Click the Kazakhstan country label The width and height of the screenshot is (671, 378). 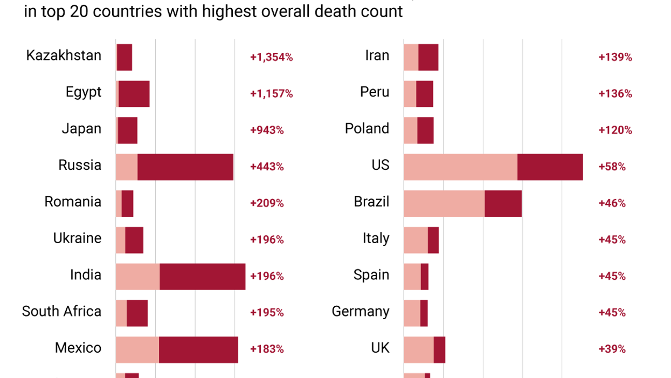[x=64, y=56]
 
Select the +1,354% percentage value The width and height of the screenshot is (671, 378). [x=271, y=57]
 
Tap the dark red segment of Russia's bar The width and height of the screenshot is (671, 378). [x=185, y=167]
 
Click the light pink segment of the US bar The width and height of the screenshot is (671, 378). [x=460, y=167]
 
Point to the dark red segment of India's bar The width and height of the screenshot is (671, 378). [x=202, y=277]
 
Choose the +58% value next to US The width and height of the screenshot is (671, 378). [x=612, y=167]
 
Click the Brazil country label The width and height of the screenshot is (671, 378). [x=371, y=202]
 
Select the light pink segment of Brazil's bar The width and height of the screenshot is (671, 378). [x=444, y=203]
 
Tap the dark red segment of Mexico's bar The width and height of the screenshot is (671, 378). [x=198, y=349]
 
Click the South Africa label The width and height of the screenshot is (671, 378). [x=61, y=311]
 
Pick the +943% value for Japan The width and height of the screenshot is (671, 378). [x=267, y=130]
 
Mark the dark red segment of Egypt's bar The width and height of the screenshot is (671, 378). [x=134, y=94]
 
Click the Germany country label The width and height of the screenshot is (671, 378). [x=360, y=312]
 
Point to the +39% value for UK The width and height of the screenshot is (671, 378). [x=612, y=349]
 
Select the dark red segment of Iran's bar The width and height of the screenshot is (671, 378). [x=428, y=57]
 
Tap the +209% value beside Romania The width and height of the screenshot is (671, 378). [x=267, y=203]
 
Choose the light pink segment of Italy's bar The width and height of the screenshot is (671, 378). [x=416, y=240]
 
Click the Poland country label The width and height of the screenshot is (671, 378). [x=367, y=129]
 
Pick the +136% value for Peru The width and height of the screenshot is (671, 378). [x=615, y=94]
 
